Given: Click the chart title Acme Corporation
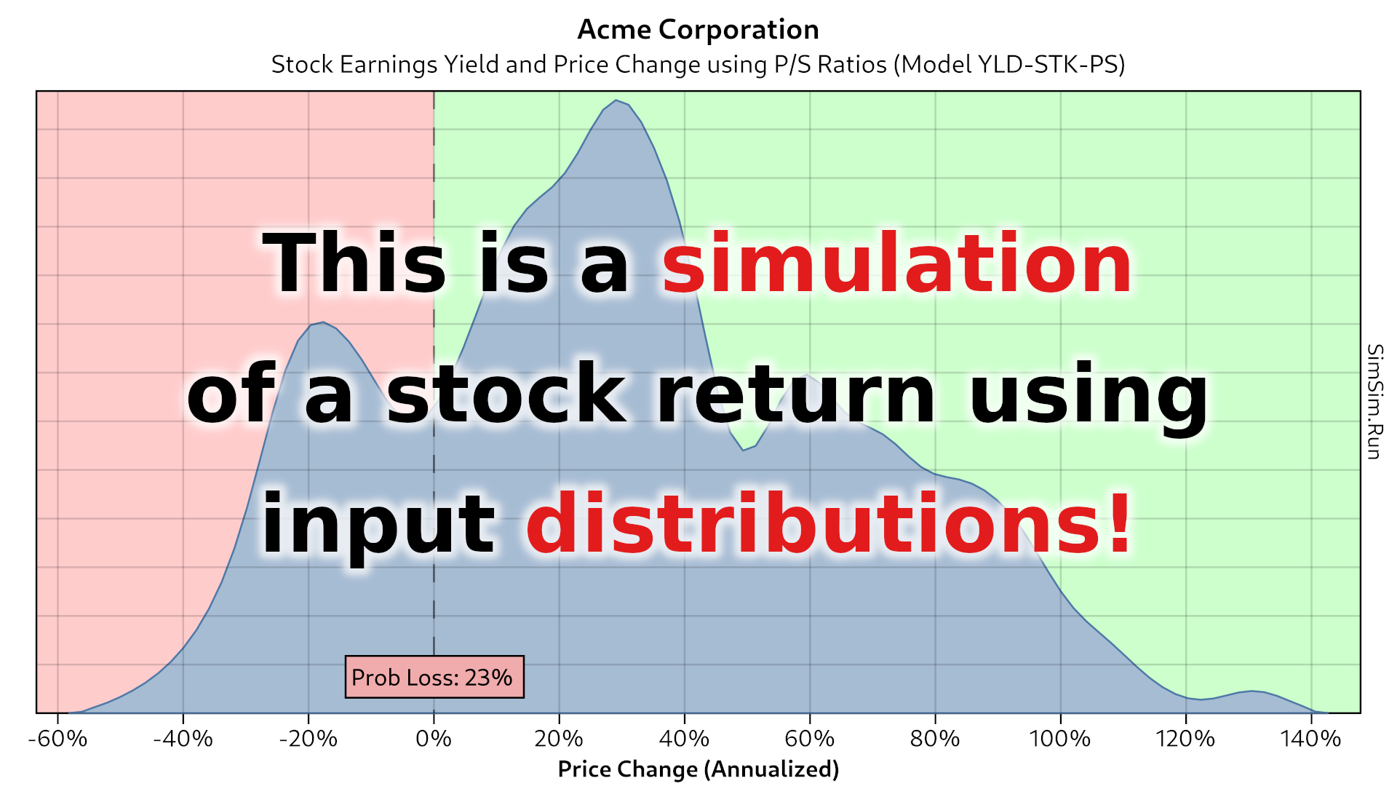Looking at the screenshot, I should coord(698,30).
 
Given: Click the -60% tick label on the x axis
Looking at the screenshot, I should coord(57,739).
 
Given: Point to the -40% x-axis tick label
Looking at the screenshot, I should coord(183,739).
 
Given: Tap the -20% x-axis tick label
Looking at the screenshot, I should coord(309,739).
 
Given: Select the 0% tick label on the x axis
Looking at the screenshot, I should coord(434,739).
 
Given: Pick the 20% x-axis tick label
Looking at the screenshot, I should coord(559,739).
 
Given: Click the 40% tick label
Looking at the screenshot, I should coord(684,739).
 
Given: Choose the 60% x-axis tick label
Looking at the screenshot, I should coord(810,739).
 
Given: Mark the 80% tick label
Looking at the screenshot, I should coord(935,739).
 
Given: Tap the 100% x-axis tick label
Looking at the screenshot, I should coord(1060,739).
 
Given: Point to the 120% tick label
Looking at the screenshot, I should coord(1185,739).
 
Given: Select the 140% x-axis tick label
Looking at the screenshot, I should coord(1311,739).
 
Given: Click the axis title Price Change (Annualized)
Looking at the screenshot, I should coord(698,769).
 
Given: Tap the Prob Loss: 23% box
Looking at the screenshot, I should coord(434,678).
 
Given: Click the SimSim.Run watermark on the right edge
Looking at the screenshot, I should coord(1374,402).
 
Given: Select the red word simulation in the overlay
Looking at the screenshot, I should coord(896,263).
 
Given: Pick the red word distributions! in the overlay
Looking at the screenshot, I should coord(828,524).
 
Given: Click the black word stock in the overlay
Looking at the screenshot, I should coord(506,394).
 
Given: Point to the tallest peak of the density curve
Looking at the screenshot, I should coord(616,100).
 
